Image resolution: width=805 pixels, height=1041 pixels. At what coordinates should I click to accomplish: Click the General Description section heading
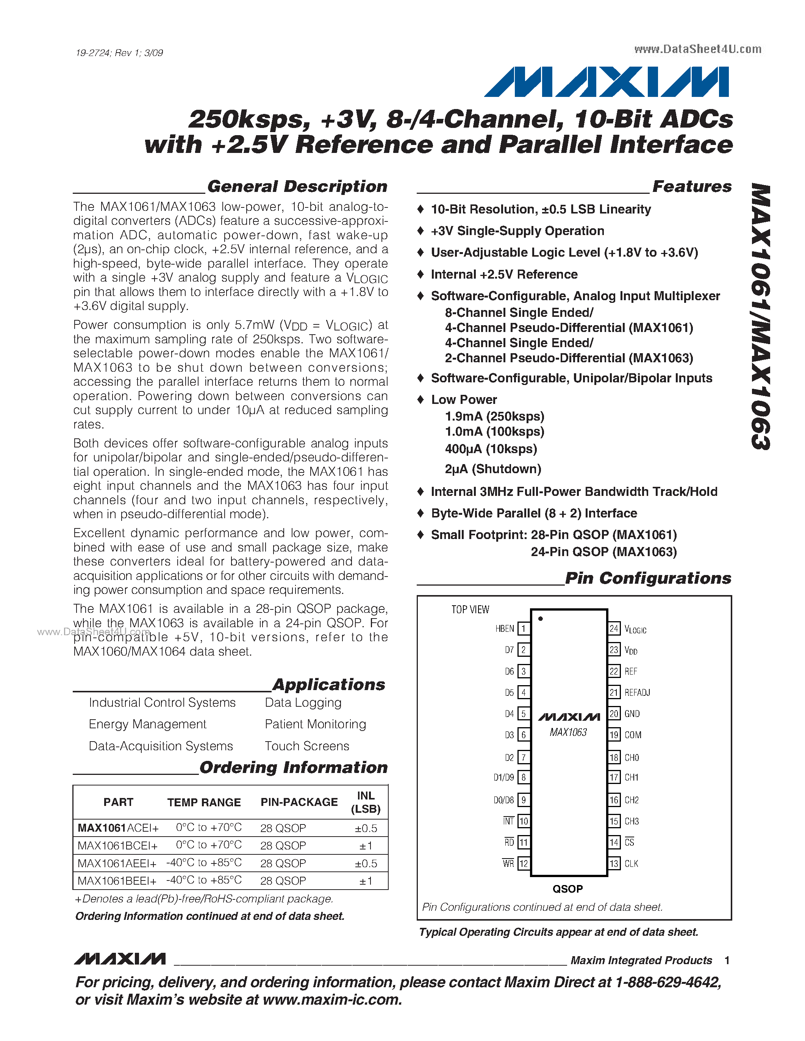297,186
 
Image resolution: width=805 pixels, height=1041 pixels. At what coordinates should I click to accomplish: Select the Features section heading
691,186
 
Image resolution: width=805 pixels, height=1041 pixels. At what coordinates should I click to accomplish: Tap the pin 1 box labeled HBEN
523,629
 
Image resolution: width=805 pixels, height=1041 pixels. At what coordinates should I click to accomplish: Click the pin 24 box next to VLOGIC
614,629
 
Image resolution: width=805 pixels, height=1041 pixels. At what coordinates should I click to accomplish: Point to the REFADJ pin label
637,693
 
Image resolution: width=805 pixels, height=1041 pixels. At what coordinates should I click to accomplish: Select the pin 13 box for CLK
614,864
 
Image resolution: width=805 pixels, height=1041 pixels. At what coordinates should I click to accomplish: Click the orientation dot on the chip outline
540,619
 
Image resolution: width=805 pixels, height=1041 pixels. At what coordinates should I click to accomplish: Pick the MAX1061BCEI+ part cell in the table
117,846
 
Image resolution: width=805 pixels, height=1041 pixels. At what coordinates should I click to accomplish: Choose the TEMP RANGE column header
204,803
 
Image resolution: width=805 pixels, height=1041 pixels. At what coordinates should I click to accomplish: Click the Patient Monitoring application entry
315,724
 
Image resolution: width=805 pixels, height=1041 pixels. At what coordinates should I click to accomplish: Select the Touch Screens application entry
306,746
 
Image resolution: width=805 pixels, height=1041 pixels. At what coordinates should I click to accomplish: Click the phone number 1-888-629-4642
667,982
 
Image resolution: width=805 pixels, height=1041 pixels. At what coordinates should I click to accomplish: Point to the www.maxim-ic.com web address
332,999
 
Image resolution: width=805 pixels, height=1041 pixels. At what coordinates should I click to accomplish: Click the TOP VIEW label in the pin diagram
470,609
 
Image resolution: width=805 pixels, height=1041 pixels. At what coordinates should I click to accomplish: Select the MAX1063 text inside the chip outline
568,732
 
